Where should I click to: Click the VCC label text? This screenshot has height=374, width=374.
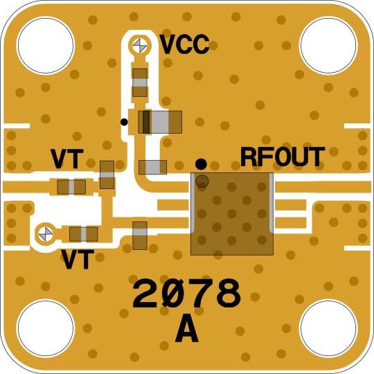(x=185, y=44)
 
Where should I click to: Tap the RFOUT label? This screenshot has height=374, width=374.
(x=283, y=157)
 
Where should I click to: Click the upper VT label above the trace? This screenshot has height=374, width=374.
(x=67, y=159)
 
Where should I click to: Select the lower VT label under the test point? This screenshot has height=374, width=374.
(x=78, y=259)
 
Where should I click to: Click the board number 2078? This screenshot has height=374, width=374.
(x=186, y=293)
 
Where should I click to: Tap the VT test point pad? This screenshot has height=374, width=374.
(x=46, y=234)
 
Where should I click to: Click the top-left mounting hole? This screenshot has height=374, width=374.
(x=46, y=46)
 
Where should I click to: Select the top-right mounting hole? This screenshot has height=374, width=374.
(x=328, y=46)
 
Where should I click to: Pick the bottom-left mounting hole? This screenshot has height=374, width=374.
(x=46, y=328)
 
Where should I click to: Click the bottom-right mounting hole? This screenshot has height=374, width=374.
(x=328, y=328)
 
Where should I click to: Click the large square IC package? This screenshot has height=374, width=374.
(x=232, y=214)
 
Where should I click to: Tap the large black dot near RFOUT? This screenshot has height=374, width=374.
(x=201, y=164)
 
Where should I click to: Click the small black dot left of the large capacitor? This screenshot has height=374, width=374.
(x=124, y=122)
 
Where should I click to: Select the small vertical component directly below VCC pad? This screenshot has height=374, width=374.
(x=140, y=82)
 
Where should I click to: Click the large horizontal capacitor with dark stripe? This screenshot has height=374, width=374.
(x=160, y=122)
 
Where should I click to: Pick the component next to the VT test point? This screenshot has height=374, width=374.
(x=84, y=234)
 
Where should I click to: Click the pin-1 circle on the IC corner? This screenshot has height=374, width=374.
(x=202, y=181)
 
